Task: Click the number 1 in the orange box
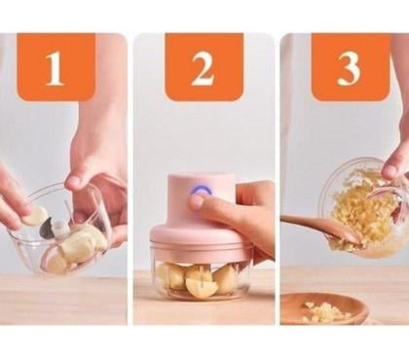coord(55,68)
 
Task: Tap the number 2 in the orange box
coord(204,68)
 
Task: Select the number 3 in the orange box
coord(350,68)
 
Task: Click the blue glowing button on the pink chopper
coord(200,192)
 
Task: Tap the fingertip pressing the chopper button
coord(198,202)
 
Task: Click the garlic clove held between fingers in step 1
coord(35,215)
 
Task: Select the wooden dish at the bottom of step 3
coord(323,309)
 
